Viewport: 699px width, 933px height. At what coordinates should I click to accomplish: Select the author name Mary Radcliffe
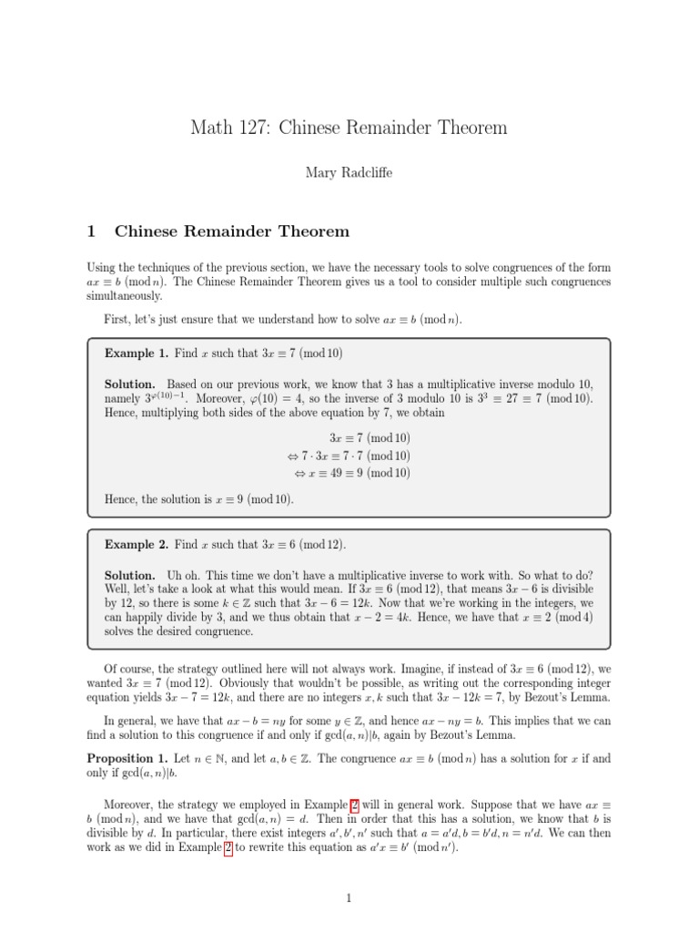click(x=349, y=171)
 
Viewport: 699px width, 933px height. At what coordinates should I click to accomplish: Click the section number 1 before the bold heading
click(x=91, y=231)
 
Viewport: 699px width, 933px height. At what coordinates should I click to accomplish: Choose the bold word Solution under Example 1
click(x=130, y=385)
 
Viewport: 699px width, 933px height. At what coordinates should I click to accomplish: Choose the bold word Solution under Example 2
click(x=130, y=576)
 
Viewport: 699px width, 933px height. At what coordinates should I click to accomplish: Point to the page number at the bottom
click(x=349, y=899)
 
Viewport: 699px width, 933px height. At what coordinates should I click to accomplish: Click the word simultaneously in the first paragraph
click(x=125, y=296)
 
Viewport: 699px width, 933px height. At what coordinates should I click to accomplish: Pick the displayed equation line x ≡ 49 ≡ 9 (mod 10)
click(x=352, y=473)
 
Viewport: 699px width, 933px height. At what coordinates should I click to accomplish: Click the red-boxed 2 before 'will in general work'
click(x=355, y=805)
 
